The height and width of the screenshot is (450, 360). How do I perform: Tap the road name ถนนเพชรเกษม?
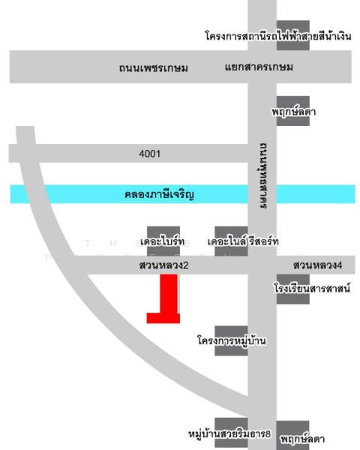point(153,68)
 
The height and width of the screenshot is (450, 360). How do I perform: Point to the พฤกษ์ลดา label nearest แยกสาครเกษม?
point(292,112)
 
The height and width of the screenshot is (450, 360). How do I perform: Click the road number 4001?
point(150,154)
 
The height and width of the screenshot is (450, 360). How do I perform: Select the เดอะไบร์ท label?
point(162,242)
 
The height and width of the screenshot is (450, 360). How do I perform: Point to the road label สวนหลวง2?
point(162,265)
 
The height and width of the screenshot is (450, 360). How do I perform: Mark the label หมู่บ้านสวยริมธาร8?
point(229,433)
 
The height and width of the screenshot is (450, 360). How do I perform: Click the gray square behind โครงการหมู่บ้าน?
point(231,341)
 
